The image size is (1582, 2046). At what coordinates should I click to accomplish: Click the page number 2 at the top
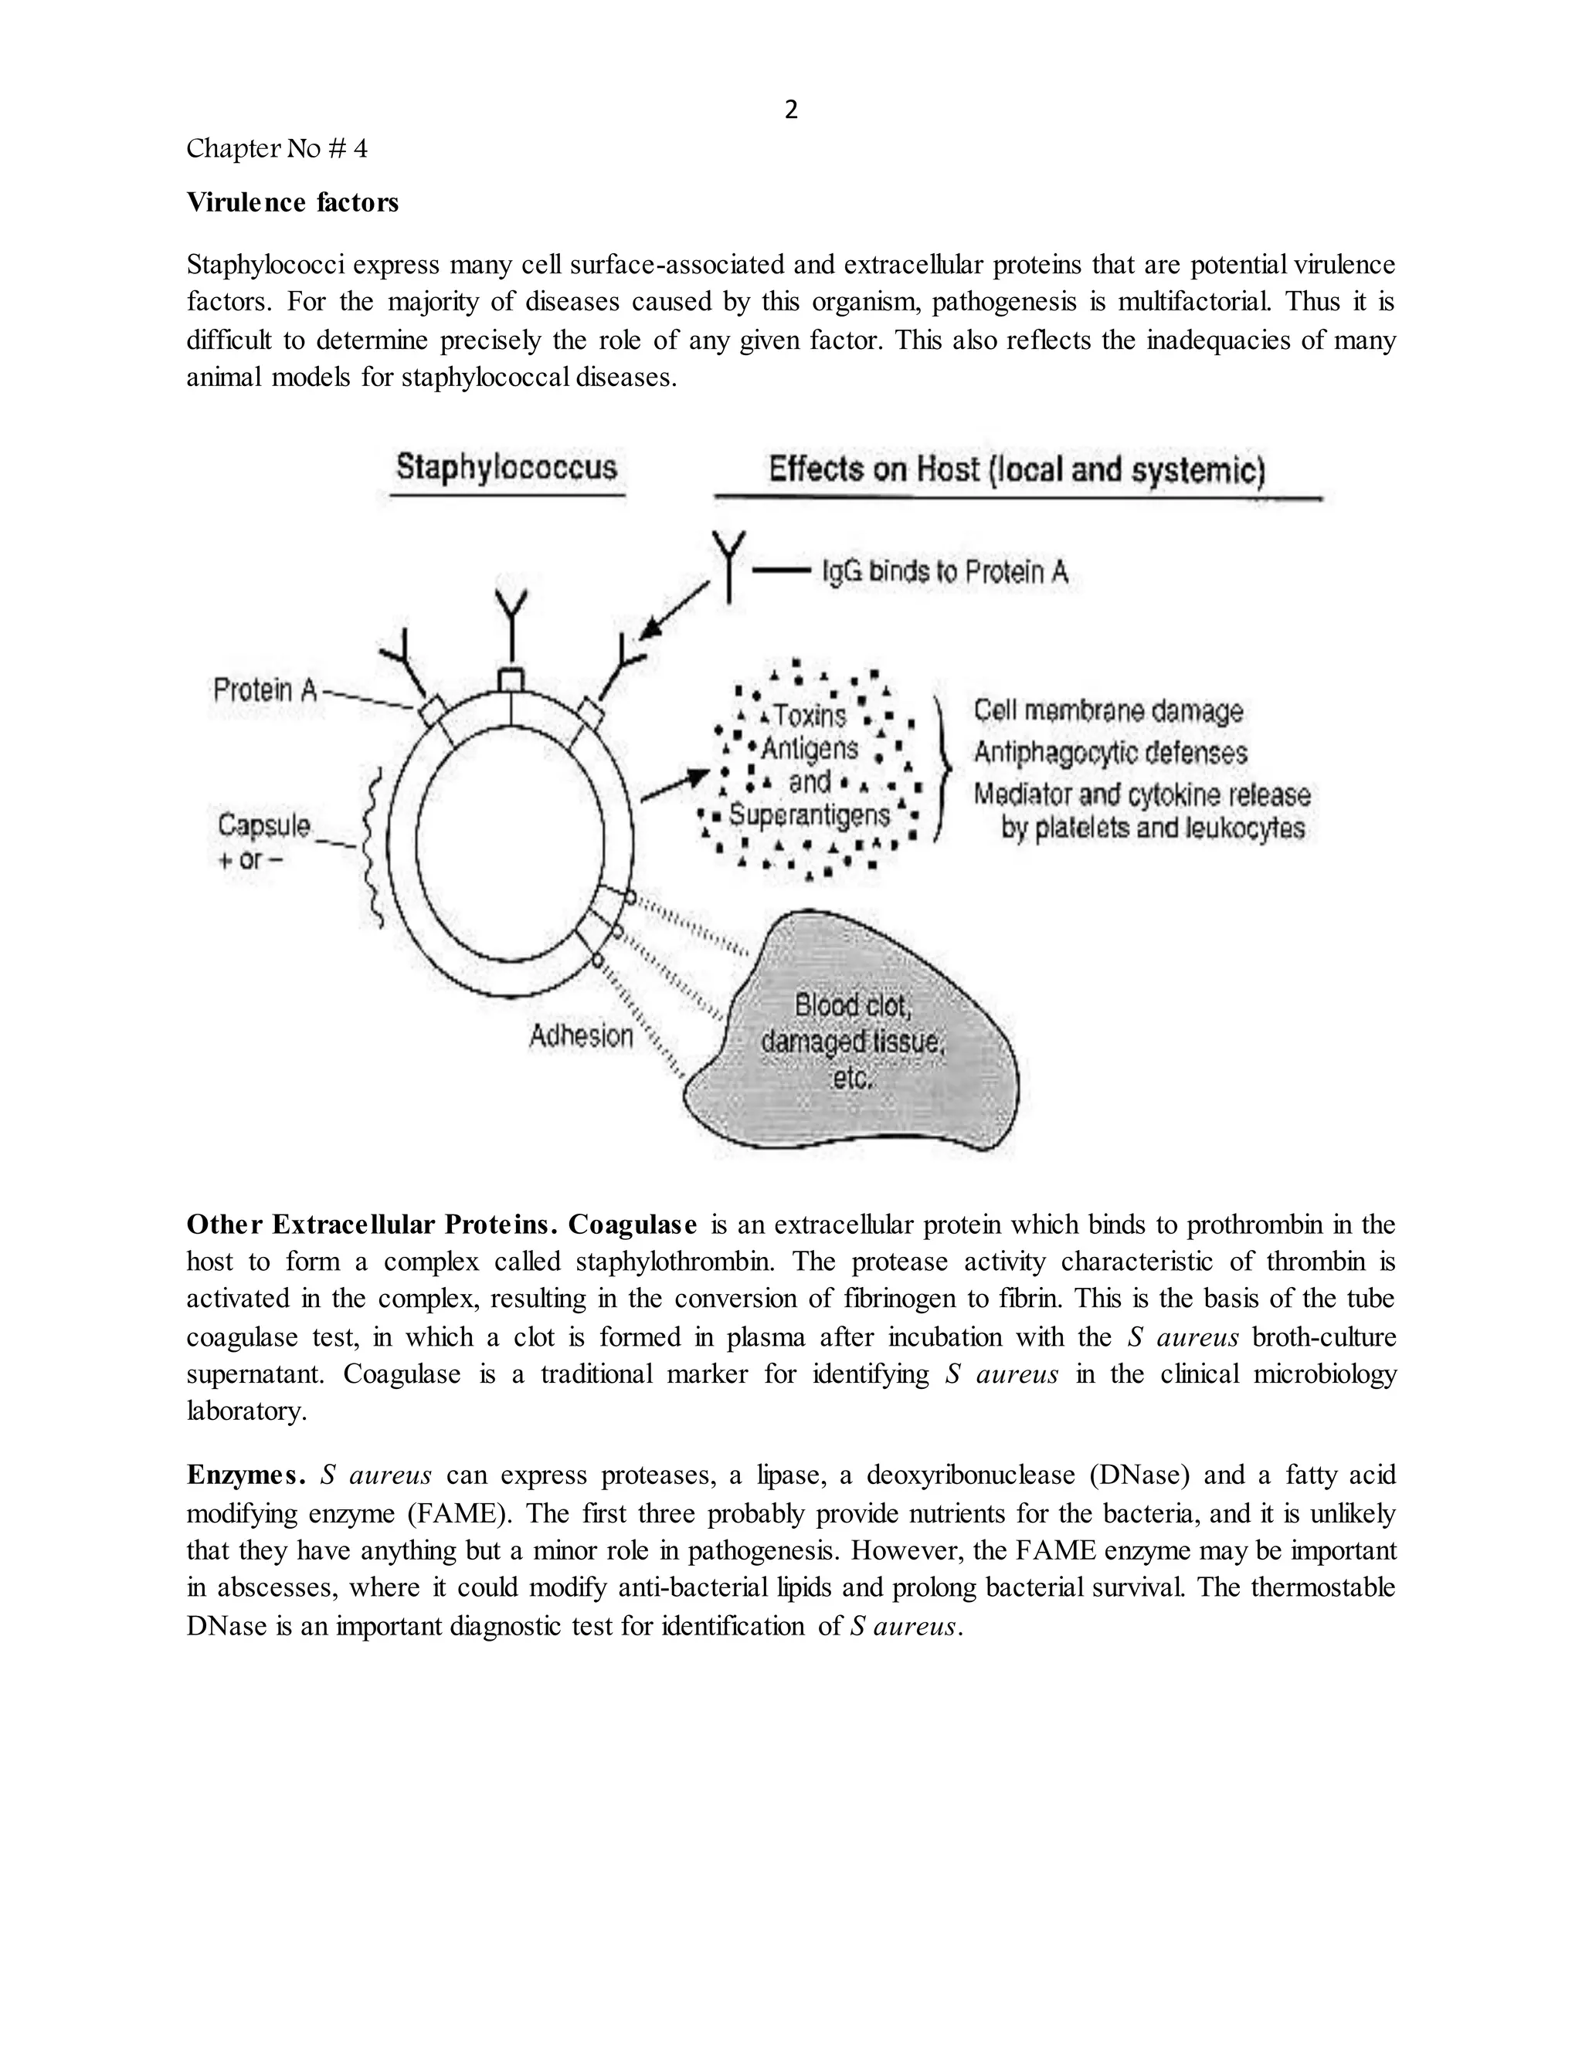click(791, 110)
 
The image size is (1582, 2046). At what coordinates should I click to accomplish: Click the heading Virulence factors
click(293, 202)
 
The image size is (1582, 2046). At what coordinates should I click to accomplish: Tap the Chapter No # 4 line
click(277, 148)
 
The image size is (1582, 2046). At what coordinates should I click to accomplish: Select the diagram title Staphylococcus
click(506, 466)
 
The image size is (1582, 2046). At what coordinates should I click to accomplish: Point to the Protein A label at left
click(265, 690)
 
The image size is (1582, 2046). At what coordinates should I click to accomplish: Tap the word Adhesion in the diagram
click(581, 1035)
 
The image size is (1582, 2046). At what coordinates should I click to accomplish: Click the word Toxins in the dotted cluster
click(810, 716)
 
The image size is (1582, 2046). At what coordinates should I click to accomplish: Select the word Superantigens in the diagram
click(809, 815)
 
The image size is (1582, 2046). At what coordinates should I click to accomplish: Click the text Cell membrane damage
click(1108, 710)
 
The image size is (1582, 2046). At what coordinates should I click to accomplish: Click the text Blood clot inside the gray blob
click(852, 1005)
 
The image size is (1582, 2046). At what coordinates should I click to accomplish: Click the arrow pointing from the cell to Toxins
click(674, 785)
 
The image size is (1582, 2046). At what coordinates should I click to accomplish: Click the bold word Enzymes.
click(246, 1475)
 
